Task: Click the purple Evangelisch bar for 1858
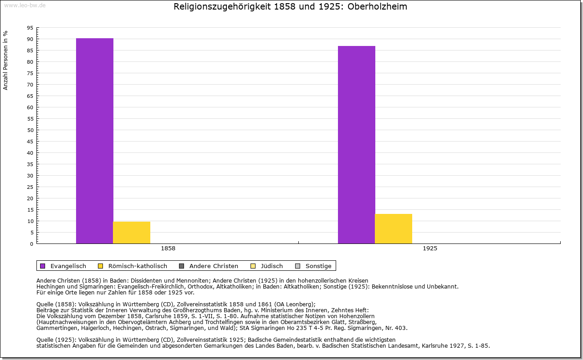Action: coord(95,141)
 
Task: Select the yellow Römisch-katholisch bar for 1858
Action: coord(132,233)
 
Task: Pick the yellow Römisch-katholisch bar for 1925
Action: coord(394,228)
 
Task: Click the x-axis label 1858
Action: coord(168,249)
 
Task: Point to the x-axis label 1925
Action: coord(430,249)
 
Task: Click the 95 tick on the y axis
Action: coord(30,28)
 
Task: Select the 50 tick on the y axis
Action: coord(30,130)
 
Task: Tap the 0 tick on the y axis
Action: coord(31,244)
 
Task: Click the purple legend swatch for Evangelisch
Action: coord(43,266)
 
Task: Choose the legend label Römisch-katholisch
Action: coord(138,266)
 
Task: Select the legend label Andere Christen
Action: coord(214,266)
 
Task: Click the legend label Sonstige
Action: coord(318,266)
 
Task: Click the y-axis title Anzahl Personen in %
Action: coord(5,61)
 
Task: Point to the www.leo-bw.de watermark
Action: coord(24,5)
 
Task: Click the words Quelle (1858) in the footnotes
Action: coord(57,304)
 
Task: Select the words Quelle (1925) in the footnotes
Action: coord(57,340)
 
